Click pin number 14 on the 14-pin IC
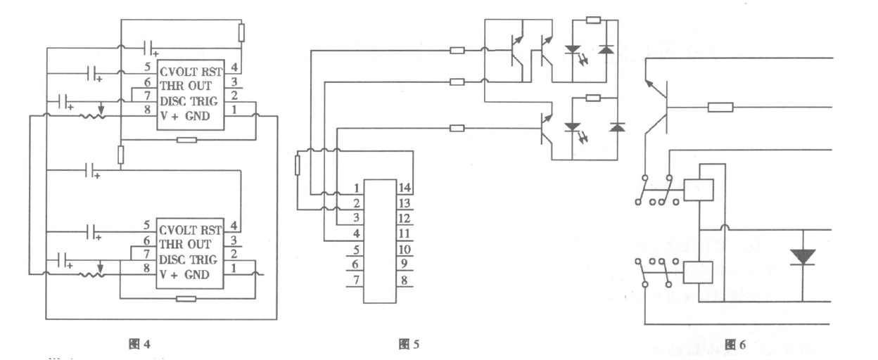tap(403, 188)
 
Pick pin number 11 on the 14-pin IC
tap(403, 233)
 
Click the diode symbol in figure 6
tap(802, 256)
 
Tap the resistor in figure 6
tap(720, 108)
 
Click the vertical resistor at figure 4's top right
tap(241, 32)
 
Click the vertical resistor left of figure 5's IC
tap(297, 166)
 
